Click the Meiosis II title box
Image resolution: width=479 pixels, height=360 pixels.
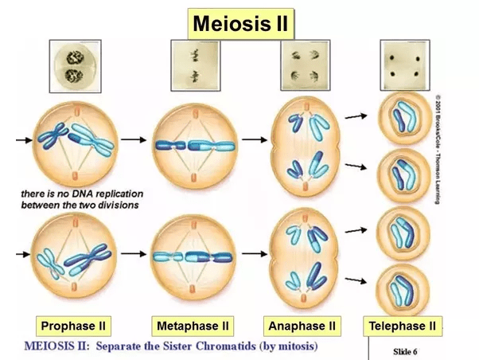241,24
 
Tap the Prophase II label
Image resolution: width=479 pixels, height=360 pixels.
73,326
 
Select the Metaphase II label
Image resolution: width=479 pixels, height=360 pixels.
193,326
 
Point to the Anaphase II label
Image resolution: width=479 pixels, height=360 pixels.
302,326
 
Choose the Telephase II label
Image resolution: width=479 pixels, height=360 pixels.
403,326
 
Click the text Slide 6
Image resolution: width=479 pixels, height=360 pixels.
405,352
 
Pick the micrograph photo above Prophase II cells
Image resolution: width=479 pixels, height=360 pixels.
75,66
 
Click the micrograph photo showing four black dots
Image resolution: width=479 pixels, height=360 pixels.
405,65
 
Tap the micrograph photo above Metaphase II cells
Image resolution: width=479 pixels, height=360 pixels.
196,65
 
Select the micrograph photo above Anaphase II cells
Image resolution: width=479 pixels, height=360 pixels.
306,65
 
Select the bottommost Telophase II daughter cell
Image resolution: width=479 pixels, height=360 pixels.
403,290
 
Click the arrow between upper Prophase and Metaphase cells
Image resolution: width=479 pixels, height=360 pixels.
134,140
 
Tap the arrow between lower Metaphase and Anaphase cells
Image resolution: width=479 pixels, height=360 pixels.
255,253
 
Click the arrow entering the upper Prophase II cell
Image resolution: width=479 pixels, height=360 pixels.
24,140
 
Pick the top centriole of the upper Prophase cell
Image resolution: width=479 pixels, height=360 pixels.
77,111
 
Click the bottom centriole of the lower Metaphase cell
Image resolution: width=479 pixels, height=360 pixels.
192,289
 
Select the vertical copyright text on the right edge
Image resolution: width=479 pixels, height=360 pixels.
438,149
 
